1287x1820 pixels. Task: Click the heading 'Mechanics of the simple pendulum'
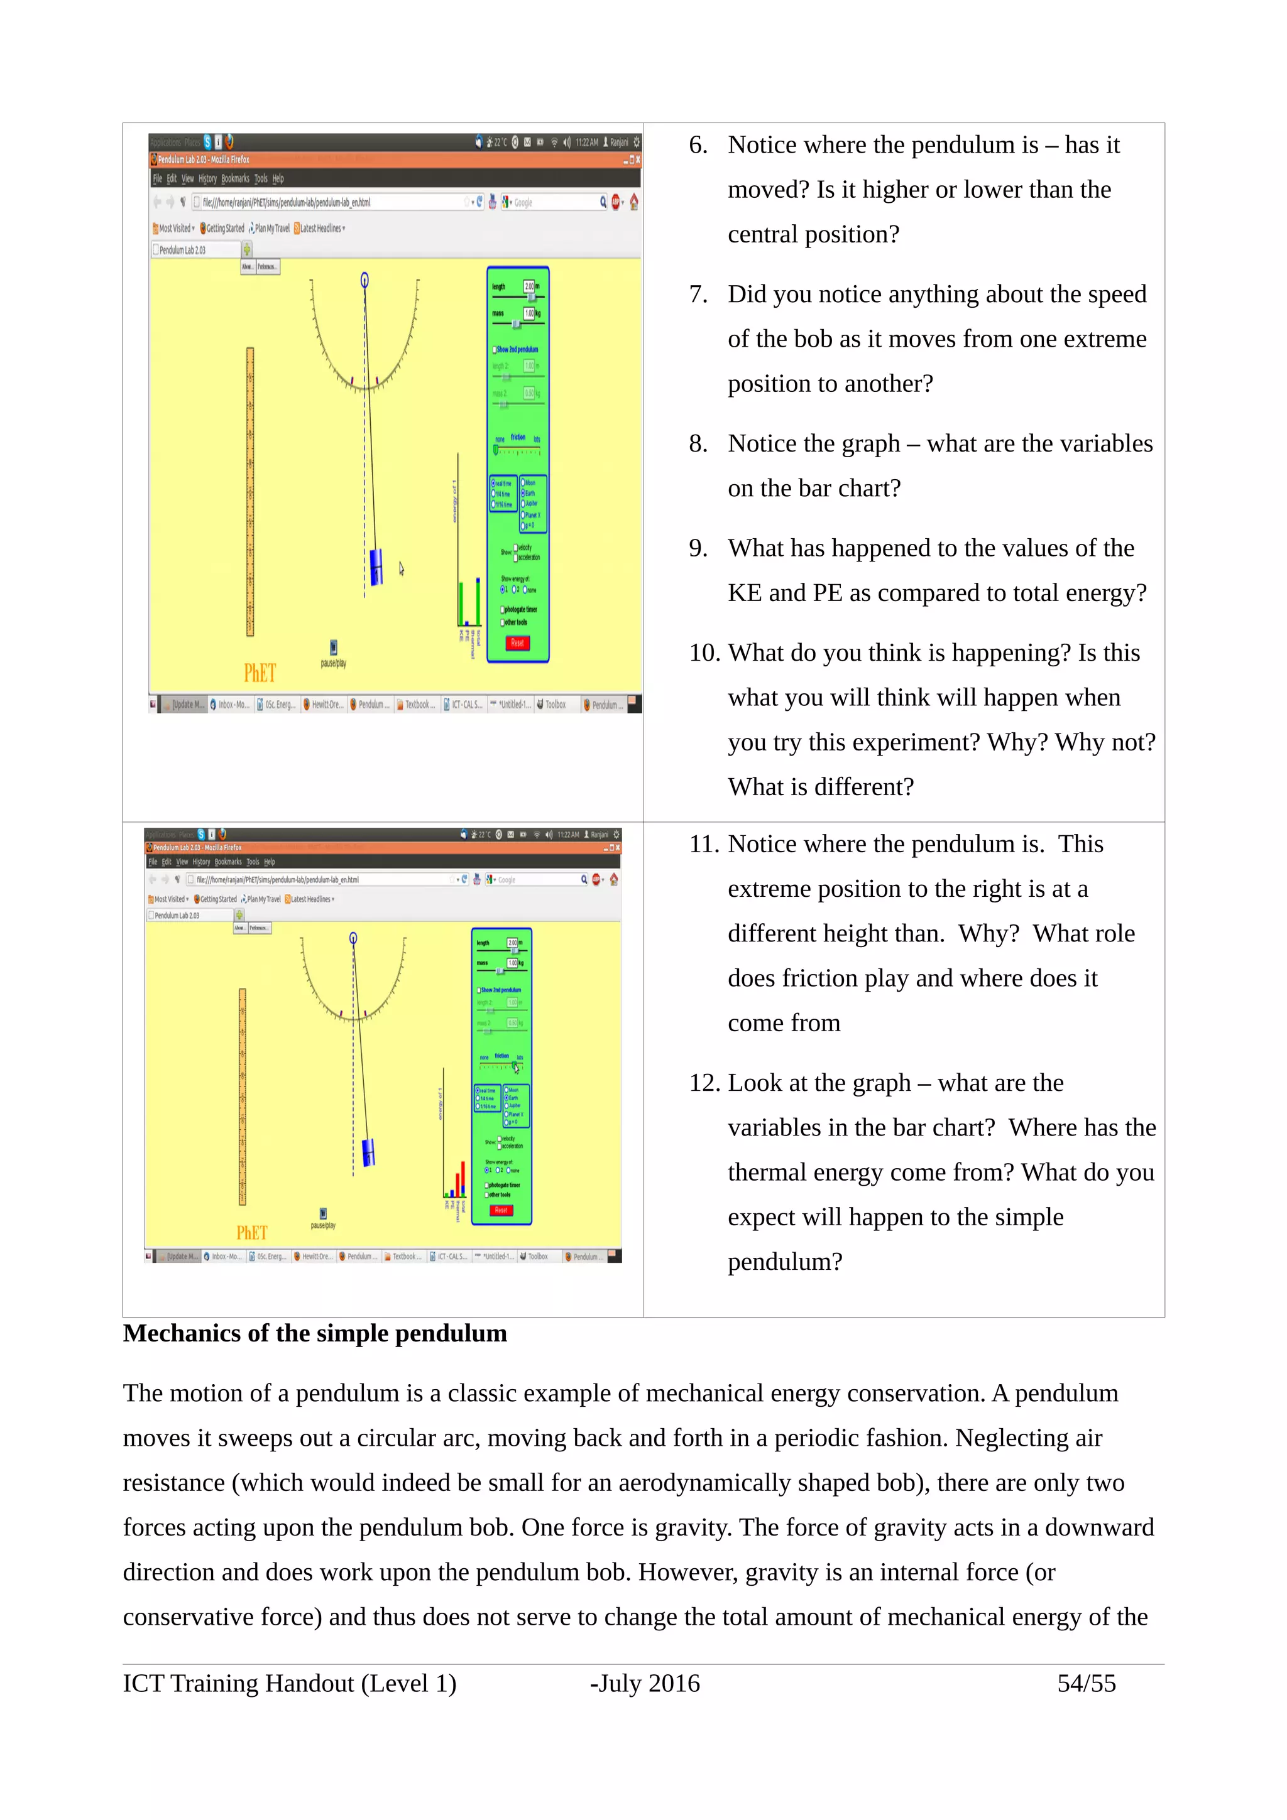[x=315, y=1333]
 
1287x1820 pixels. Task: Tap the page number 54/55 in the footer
[x=1085, y=1683]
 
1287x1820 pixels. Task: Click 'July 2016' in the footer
[x=649, y=1683]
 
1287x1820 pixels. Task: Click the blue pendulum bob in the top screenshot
[x=376, y=566]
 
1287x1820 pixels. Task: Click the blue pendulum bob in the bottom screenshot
[x=368, y=1152]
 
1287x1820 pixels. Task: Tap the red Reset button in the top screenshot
[x=517, y=643]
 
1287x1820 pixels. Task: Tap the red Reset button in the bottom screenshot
[x=501, y=1210]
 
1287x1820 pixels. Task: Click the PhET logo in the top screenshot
[x=260, y=673]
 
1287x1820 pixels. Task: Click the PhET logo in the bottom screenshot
[x=251, y=1233]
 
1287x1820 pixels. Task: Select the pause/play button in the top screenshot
[x=334, y=647]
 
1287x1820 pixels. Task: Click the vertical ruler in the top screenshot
[x=249, y=492]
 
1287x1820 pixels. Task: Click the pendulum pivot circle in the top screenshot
[x=364, y=280]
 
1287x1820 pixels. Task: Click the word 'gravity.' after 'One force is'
[x=694, y=1527]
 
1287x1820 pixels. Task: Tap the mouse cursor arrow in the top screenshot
[x=402, y=568]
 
